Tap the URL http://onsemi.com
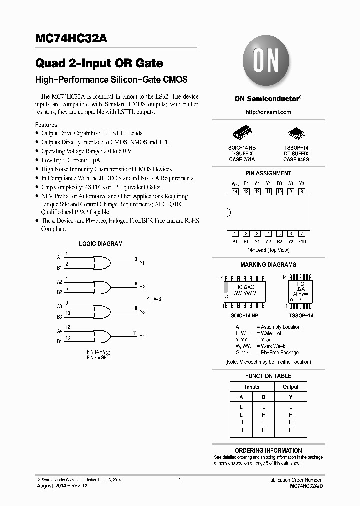(x=268, y=112)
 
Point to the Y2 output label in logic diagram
(x=142, y=287)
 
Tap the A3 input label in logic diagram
(x=59, y=306)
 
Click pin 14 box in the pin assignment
(x=235, y=191)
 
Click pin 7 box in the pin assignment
(x=301, y=233)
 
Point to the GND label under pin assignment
(x=301, y=241)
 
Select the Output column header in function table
(x=290, y=387)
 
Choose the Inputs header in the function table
(x=252, y=387)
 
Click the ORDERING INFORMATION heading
(x=268, y=450)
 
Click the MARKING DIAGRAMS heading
(x=268, y=265)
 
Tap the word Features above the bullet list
(x=46, y=125)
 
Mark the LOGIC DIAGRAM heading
(x=101, y=244)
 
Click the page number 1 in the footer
(x=179, y=480)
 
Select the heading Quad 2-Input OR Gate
(x=99, y=63)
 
